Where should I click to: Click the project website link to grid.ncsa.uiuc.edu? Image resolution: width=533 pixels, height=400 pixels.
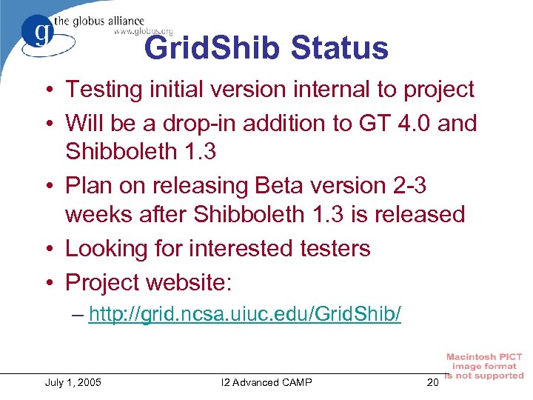pyautogui.click(x=245, y=315)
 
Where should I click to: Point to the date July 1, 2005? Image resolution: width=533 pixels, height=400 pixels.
pyautogui.click(x=73, y=382)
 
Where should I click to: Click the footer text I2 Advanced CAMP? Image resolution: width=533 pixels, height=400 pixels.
pyautogui.click(x=266, y=382)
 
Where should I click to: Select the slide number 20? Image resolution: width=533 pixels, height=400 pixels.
pyautogui.click(x=433, y=382)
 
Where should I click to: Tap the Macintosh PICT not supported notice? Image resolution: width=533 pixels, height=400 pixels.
pyautogui.click(x=484, y=366)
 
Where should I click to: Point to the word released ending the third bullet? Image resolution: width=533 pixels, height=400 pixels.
pyautogui.click(x=416, y=215)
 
